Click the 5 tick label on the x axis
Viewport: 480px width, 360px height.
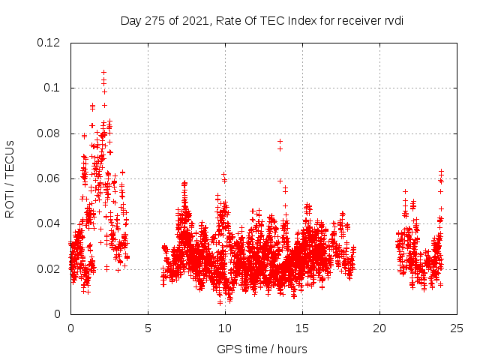coord(148,328)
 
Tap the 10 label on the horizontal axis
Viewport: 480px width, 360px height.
coord(225,328)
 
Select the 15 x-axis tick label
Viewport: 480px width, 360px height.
coord(302,328)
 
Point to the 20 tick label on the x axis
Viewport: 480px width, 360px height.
coord(379,328)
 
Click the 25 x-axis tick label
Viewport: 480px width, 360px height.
coord(457,328)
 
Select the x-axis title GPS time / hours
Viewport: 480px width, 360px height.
coord(262,349)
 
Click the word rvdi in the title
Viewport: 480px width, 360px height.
coord(393,20)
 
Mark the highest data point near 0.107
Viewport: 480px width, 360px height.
coord(103,72)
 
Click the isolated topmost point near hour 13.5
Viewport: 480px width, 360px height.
coord(280,141)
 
